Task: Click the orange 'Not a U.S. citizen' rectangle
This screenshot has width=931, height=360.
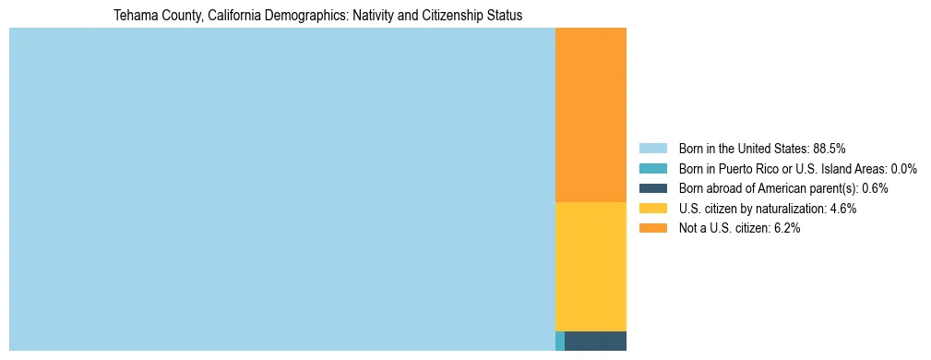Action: (x=591, y=114)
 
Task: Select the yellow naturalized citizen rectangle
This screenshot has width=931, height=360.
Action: (x=591, y=266)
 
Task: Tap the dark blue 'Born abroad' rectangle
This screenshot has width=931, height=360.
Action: (x=595, y=341)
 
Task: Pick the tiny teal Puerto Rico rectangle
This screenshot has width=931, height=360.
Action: (x=560, y=341)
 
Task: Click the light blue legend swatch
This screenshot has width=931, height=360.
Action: (x=652, y=148)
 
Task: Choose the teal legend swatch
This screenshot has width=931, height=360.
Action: (x=652, y=168)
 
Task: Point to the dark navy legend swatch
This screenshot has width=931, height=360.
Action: (x=652, y=188)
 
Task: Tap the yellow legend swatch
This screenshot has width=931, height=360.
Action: (x=652, y=209)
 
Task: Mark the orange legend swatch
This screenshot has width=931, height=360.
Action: (x=652, y=229)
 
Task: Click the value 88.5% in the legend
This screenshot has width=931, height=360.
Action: (x=830, y=148)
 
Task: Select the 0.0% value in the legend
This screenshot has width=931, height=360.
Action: (x=904, y=168)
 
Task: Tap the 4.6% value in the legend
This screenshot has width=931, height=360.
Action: (x=843, y=209)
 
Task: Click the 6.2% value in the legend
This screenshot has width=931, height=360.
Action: (x=787, y=229)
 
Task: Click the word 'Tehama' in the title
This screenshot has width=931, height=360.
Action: (x=134, y=17)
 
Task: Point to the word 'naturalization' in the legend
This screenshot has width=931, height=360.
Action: (x=793, y=209)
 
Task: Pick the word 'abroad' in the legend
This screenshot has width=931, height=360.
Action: (x=724, y=188)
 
